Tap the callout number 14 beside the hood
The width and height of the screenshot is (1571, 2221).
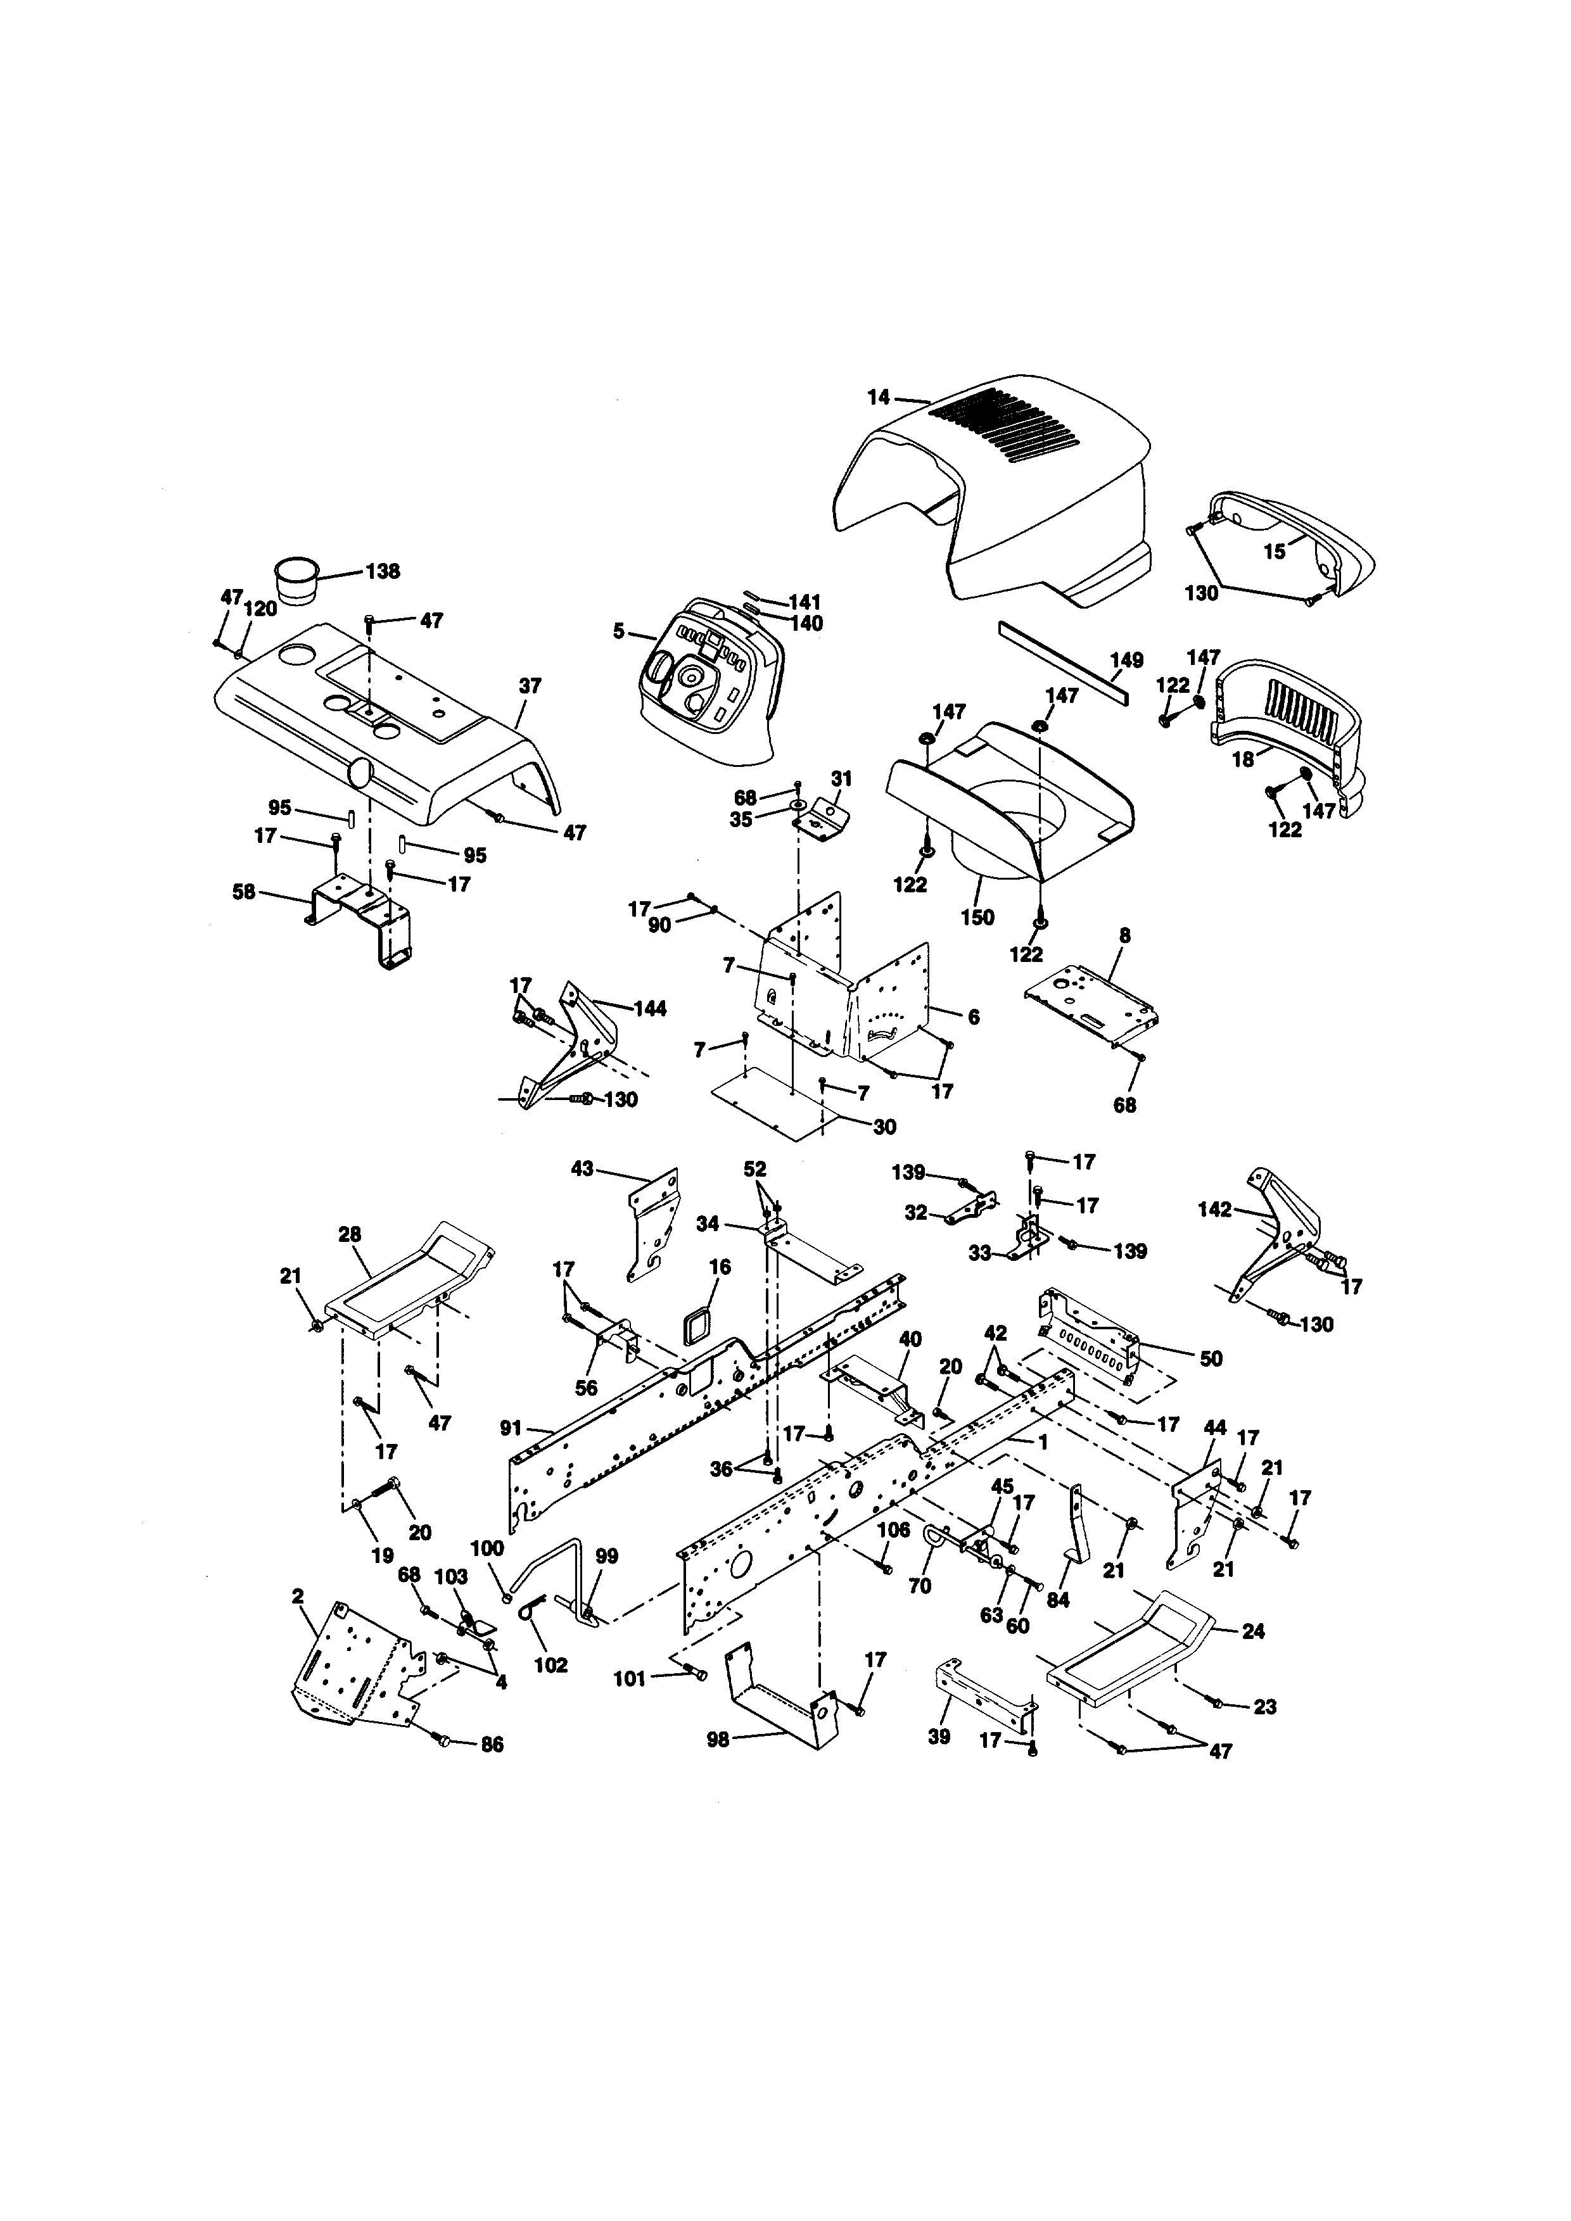click(877, 396)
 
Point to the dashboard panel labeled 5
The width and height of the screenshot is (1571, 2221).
click(706, 677)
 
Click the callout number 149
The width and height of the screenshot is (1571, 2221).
click(1126, 661)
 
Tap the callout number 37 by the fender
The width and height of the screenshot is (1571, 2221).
click(530, 686)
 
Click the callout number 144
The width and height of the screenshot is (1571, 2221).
click(649, 1009)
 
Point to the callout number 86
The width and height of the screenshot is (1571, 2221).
click(492, 1745)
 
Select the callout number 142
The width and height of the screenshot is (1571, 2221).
click(1215, 1209)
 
